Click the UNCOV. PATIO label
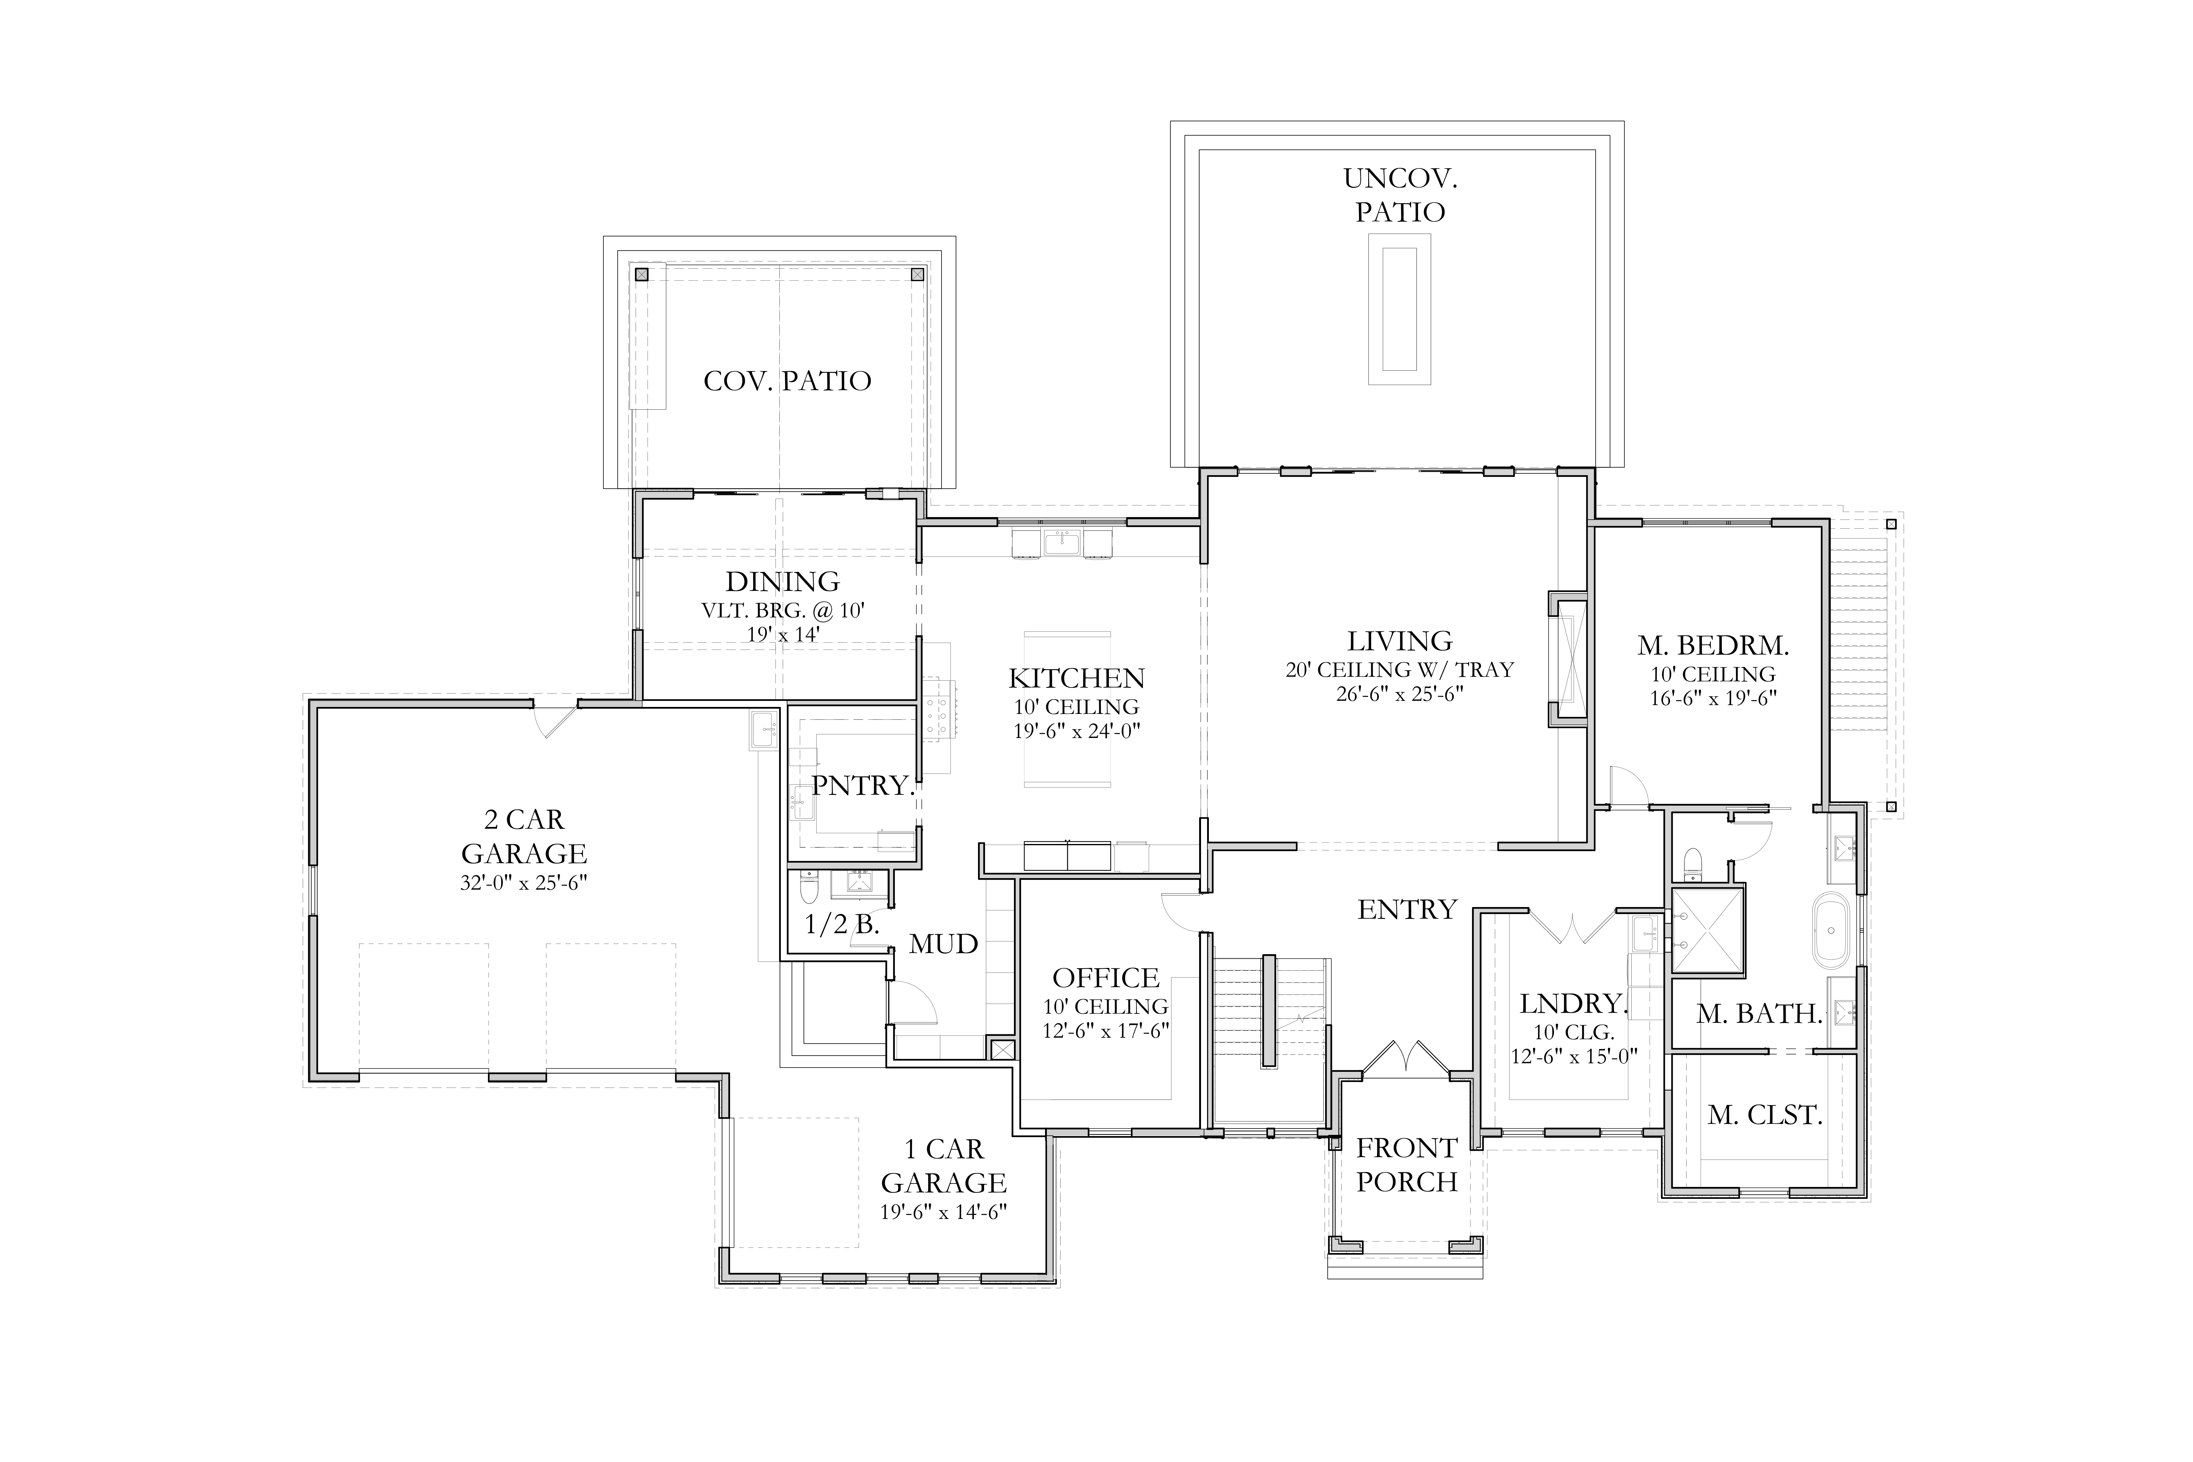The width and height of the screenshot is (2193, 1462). click(x=1400, y=195)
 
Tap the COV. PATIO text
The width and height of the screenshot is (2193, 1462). click(x=788, y=381)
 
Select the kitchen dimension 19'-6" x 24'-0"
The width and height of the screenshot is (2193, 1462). click(x=1077, y=732)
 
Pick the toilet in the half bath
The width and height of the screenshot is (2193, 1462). click(x=809, y=888)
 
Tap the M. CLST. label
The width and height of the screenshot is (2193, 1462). click(x=1765, y=1115)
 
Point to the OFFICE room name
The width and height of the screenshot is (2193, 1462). click(x=1106, y=978)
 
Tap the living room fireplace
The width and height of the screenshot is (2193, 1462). click(x=1568, y=658)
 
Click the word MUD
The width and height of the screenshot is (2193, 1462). click(x=944, y=945)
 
